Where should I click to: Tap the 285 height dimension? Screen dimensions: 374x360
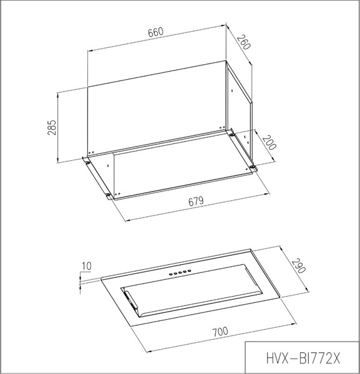52,127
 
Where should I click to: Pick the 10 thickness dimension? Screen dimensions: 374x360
86,267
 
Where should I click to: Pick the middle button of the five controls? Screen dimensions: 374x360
178,272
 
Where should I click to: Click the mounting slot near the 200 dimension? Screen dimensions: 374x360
253,166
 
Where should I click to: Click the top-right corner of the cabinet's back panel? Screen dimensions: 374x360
226,62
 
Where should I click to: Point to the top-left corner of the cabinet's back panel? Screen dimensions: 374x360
87,86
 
